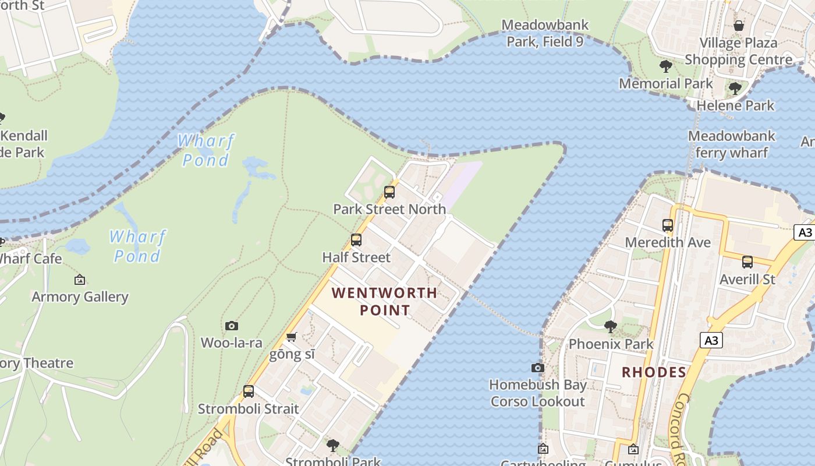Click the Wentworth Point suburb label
tap(384, 301)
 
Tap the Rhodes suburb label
tap(654, 372)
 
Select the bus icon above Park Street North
tap(389, 192)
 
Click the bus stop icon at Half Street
tap(356, 240)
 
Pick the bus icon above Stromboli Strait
tap(249, 391)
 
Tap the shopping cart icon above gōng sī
tap(292, 337)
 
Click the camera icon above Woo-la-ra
tap(232, 326)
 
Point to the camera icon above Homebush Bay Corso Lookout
tap(538, 368)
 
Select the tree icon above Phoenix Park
tap(611, 327)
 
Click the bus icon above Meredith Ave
tap(668, 225)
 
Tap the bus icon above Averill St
tap(747, 262)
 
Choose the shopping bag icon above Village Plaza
tap(739, 26)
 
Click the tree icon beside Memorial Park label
tap(666, 66)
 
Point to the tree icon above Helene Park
tap(735, 89)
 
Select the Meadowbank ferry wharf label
tap(731, 144)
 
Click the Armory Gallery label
tap(80, 296)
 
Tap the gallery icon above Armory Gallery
tap(80, 280)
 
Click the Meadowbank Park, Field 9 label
tap(545, 33)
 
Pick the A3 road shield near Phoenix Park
tap(711, 340)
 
